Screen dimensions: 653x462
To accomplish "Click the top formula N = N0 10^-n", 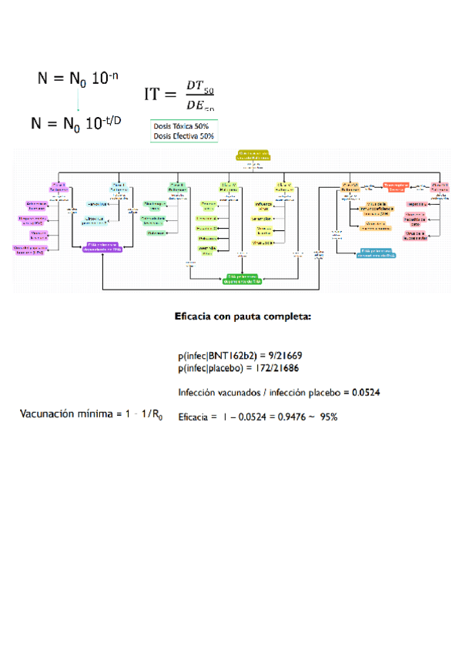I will (x=78, y=79).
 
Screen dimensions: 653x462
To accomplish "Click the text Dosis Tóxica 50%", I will (x=184, y=126).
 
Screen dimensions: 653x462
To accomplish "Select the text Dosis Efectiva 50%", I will (x=184, y=136).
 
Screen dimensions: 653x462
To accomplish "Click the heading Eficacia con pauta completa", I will (x=242, y=315).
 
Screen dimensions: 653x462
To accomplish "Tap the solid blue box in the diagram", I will (x=378, y=253).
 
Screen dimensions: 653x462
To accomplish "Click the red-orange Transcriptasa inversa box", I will (x=394, y=186).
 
